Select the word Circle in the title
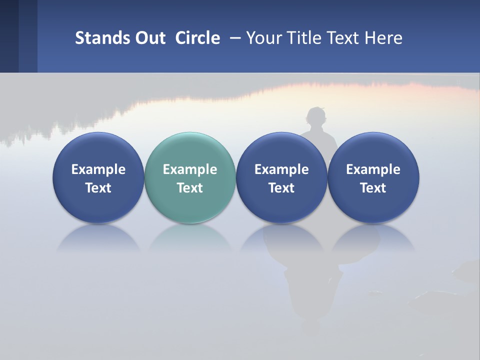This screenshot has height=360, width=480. point(197,38)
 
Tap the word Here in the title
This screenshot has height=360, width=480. point(385,38)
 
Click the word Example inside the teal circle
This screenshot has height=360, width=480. point(190,169)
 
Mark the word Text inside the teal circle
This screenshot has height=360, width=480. point(190,188)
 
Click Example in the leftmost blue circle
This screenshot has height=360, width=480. point(98,169)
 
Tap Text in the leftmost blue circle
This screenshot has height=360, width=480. point(98,188)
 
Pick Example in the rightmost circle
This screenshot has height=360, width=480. point(373,169)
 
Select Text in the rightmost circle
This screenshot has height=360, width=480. point(373,188)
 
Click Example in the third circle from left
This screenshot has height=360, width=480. point(281,169)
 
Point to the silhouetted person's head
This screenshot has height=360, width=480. point(315,116)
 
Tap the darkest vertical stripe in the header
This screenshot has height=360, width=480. point(9,36)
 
